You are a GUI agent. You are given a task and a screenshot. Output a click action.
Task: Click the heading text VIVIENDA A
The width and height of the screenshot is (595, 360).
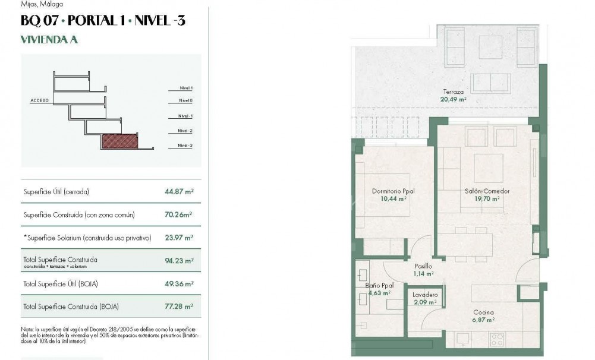(49, 40)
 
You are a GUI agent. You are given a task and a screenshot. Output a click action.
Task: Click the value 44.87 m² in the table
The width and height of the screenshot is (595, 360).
(179, 192)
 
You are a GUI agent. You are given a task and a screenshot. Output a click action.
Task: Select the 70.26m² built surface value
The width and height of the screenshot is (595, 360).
(178, 214)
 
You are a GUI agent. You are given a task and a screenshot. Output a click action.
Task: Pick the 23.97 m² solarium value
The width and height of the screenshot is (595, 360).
(179, 238)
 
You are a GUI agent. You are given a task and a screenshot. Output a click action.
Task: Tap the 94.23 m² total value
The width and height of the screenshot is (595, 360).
(179, 260)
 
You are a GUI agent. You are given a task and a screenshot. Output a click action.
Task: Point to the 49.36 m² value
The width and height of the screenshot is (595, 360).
(179, 284)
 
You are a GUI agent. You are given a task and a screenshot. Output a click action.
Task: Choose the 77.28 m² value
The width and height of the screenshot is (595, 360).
(179, 307)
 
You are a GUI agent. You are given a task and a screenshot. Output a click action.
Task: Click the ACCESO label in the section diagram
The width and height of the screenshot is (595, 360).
(39, 101)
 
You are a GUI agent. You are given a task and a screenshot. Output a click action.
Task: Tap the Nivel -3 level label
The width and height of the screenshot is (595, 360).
(185, 146)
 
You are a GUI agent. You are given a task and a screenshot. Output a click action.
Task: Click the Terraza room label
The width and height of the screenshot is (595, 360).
(453, 92)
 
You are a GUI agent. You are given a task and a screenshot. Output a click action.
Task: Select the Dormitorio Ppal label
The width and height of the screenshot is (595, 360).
(393, 191)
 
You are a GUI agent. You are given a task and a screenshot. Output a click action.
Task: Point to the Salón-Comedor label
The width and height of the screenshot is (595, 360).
(487, 191)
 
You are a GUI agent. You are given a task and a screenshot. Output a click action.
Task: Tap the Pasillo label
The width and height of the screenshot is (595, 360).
(424, 267)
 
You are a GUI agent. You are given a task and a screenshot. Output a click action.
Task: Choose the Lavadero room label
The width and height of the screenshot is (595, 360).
(425, 295)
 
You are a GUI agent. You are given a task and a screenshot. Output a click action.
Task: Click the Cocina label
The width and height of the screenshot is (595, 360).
(483, 312)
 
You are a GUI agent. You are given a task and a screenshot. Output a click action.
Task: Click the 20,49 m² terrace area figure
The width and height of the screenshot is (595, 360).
(453, 99)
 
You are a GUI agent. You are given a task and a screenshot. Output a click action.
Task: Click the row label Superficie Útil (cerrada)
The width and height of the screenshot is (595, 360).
(56, 192)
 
